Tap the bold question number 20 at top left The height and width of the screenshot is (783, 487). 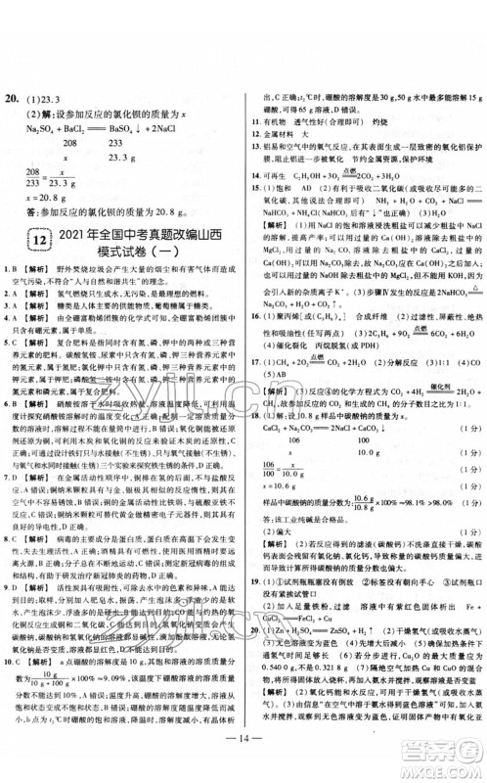[x=15, y=99]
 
